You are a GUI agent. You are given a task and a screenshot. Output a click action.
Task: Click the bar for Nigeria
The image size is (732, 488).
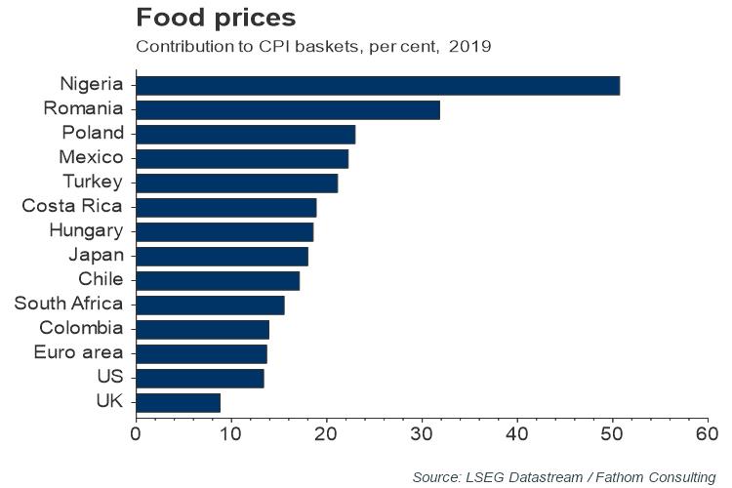point(378,85)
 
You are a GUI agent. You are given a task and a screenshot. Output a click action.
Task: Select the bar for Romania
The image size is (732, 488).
point(288,109)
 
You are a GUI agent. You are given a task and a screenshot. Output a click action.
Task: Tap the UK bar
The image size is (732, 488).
point(178,402)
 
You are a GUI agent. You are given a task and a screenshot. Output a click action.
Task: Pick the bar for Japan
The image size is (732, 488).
point(222,256)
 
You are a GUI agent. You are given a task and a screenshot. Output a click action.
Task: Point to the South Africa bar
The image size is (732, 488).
point(210,305)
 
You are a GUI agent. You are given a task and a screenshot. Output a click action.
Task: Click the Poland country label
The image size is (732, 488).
point(93,133)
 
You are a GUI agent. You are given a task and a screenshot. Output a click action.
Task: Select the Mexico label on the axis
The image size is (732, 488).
point(91,157)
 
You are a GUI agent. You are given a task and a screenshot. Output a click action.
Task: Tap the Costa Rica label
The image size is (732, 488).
point(73,206)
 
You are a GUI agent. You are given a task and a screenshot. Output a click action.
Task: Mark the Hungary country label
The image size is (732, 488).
point(86,230)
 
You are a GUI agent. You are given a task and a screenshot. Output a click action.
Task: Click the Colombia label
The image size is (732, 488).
point(82,328)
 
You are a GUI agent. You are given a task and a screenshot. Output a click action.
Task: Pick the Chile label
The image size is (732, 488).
point(101,279)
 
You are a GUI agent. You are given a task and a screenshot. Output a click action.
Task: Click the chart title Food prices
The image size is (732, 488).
point(216,19)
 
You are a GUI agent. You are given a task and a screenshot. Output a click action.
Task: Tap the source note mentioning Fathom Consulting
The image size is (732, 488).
point(564,476)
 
